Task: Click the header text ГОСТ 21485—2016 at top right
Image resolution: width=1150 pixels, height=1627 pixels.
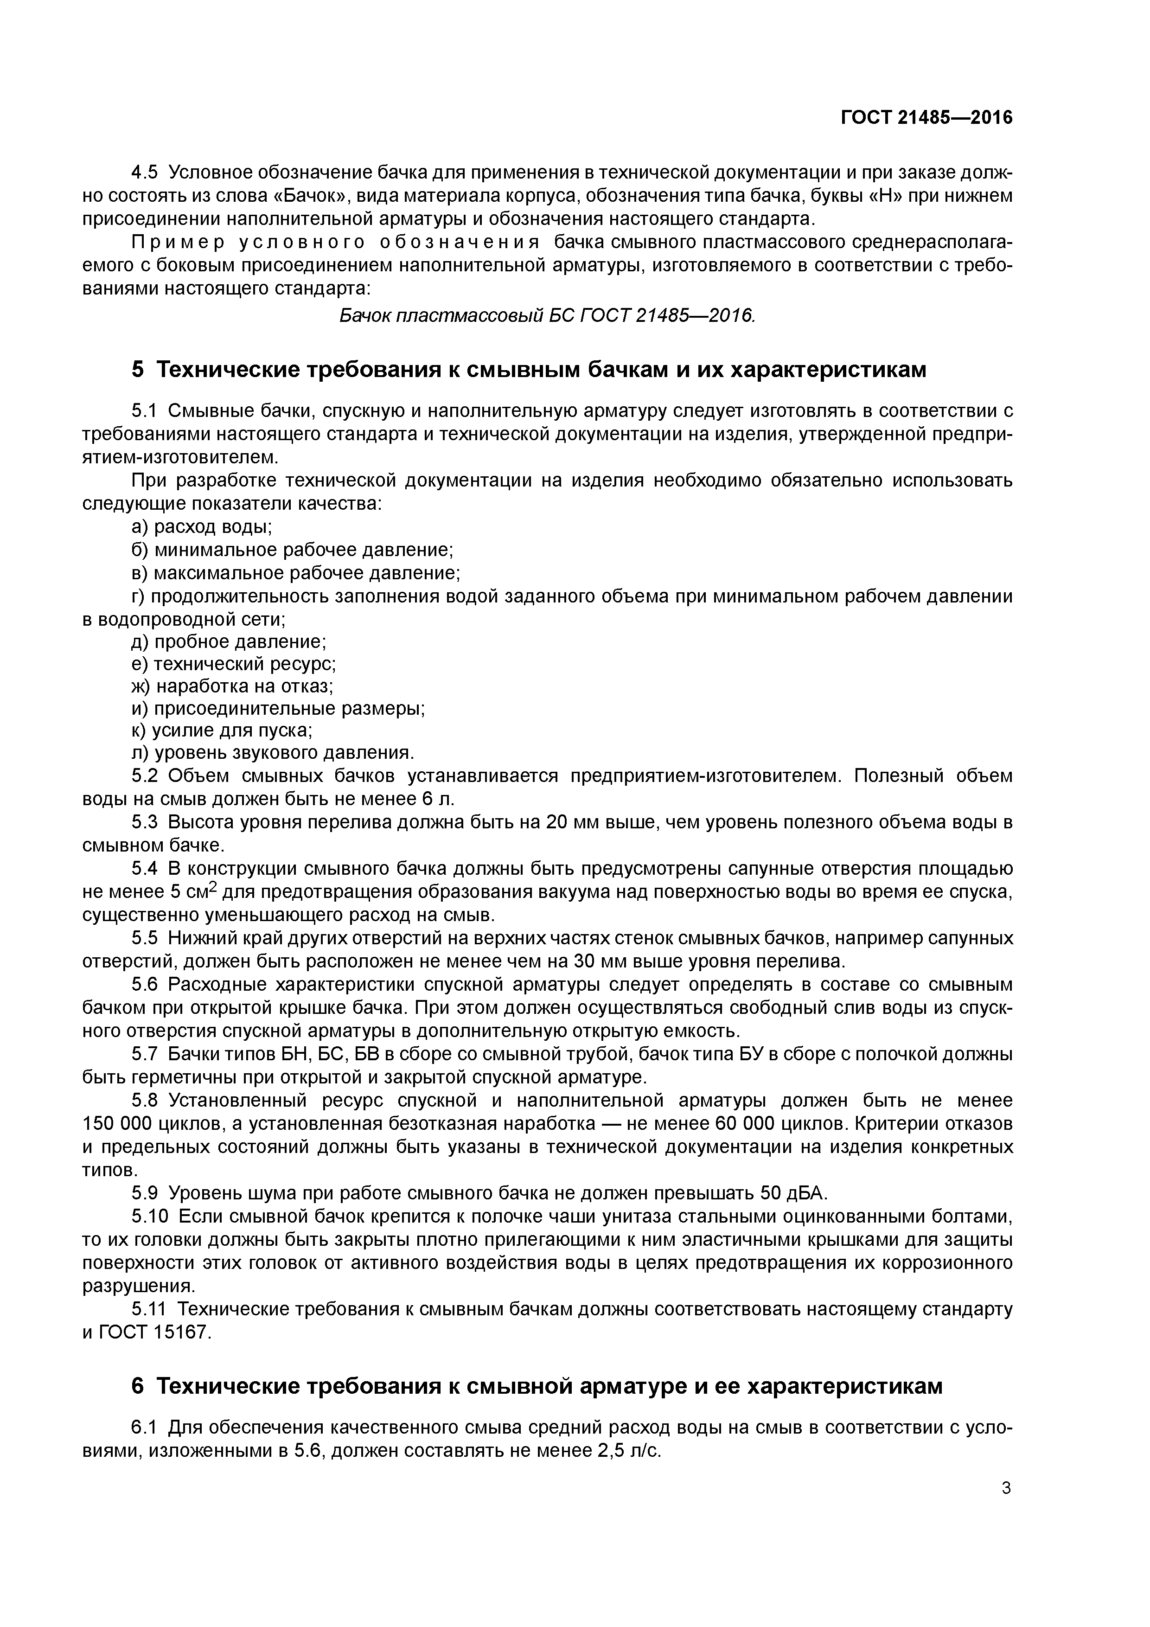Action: click(x=926, y=118)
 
